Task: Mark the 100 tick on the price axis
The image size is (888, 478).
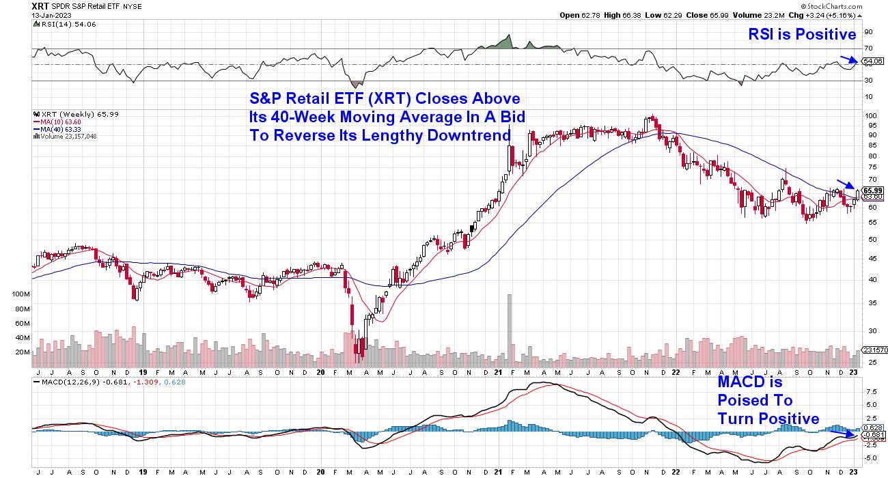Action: coord(870,116)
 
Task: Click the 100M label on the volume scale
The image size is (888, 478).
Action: coord(22,294)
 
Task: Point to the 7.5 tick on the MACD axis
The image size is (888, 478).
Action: coord(870,393)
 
